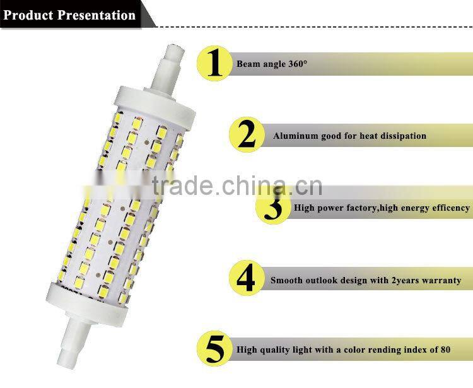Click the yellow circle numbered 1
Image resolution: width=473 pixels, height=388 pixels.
215,64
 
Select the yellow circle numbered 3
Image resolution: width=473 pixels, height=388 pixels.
274,206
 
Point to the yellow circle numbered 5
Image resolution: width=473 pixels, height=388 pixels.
215,348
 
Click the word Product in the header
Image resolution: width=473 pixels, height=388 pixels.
29,15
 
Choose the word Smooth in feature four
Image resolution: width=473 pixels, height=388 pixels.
286,280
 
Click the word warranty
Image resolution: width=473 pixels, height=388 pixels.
440,280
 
